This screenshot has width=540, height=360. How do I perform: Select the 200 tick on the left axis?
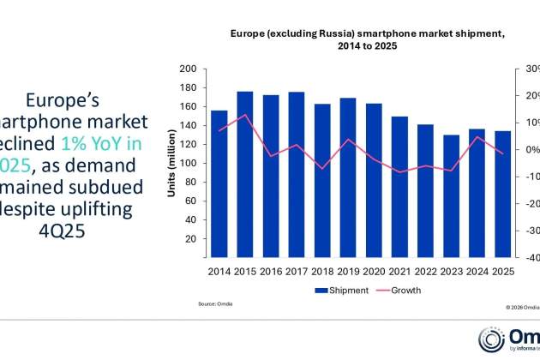tap(188, 69)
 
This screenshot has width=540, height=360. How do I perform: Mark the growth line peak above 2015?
tap(244, 115)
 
